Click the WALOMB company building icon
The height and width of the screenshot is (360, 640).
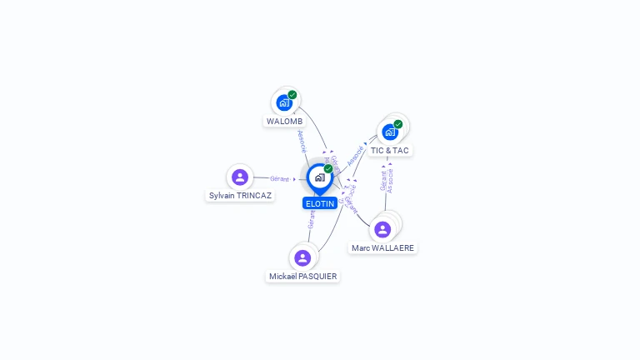pyautogui.click(x=284, y=103)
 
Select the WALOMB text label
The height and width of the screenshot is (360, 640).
pyautogui.click(x=284, y=121)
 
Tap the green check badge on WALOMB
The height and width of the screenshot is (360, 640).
pyautogui.click(x=292, y=95)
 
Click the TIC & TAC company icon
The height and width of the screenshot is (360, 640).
pyautogui.click(x=389, y=132)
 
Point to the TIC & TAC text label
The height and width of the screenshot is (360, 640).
pyautogui.click(x=390, y=150)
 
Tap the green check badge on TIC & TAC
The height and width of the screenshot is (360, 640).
pyautogui.click(x=397, y=124)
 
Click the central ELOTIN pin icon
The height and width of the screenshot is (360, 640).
pyautogui.click(x=319, y=177)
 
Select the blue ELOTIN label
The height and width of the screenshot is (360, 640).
pyautogui.click(x=320, y=203)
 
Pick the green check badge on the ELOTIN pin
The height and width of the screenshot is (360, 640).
pyautogui.click(x=328, y=169)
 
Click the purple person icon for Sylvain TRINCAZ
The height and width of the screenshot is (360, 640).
pyautogui.click(x=240, y=177)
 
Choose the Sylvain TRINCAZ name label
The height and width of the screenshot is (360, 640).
pyautogui.click(x=240, y=195)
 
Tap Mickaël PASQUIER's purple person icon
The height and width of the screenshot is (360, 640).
pyautogui.click(x=302, y=257)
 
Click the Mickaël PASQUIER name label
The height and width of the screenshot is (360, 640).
pyautogui.click(x=302, y=276)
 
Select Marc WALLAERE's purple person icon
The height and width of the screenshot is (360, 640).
pyautogui.click(x=383, y=229)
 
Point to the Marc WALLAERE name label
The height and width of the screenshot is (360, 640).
pyautogui.click(x=383, y=247)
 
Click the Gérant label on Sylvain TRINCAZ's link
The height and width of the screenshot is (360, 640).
pyautogui.click(x=280, y=178)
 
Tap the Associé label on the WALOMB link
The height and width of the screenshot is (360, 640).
pyautogui.click(x=302, y=141)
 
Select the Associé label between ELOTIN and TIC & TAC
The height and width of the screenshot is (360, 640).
pyautogui.click(x=356, y=155)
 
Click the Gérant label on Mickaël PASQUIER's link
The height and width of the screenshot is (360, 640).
pyautogui.click(x=311, y=219)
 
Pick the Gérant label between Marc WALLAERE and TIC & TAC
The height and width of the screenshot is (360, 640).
pyautogui.click(x=383, y=181)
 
